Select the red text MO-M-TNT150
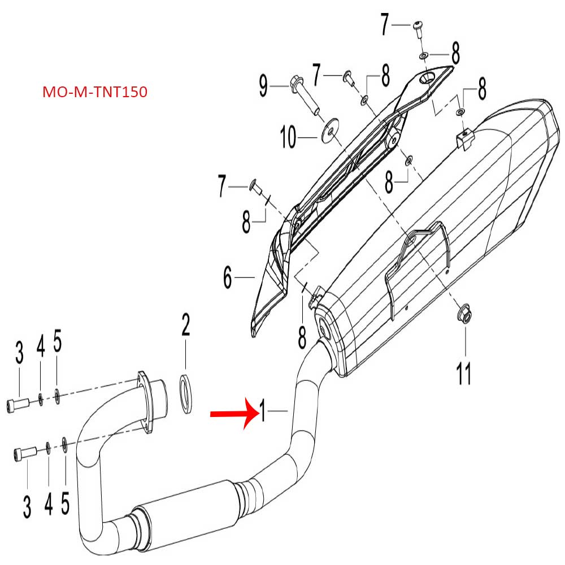point(95,92)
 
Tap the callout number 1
point(263,410)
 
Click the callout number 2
point(185,326)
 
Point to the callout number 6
point(228,277)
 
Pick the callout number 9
point(263,86)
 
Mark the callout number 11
point(464,374)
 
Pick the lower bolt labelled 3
point(24,453)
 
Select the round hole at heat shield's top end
point(430,79)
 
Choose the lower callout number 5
point(66,499)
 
